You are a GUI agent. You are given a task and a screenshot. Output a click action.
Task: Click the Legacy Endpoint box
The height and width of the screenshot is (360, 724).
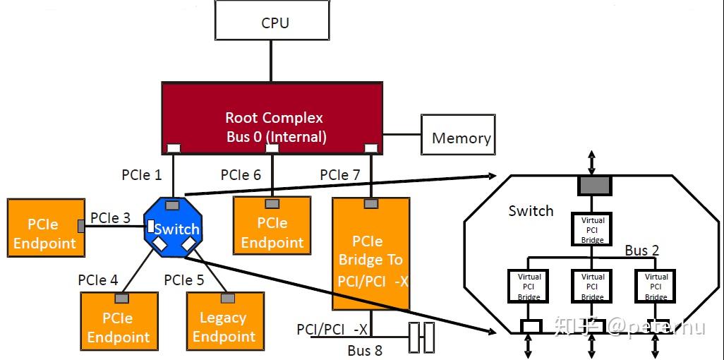(x=224, y=326)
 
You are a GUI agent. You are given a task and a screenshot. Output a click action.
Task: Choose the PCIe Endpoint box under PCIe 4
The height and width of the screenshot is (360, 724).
(x=119, y=326)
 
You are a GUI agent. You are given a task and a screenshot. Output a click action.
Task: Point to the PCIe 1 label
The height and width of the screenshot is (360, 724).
(x=141, y=174)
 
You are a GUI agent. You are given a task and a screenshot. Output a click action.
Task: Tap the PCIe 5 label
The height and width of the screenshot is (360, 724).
(x=183, y=280)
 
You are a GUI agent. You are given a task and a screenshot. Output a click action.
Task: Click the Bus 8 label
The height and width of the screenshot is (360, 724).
(x=364, y=350)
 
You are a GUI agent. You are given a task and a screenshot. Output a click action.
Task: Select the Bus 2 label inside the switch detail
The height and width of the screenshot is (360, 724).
(x=641, y=251)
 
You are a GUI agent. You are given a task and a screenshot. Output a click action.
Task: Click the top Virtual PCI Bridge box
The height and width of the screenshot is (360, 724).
(x=593, y=230)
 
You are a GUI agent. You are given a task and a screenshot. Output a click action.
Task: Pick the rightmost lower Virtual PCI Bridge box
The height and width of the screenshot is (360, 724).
(x=656, y=287)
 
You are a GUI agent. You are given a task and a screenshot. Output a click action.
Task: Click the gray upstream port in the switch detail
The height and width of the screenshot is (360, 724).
(x=594, y=186)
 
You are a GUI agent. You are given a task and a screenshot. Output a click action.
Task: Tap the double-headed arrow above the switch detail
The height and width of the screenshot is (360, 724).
(x=593, y=162)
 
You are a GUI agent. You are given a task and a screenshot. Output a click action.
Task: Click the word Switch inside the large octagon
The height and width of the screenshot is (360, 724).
(x=531, y=211)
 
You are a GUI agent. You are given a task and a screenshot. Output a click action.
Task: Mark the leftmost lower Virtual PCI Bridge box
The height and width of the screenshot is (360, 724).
(x=529, y=287)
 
